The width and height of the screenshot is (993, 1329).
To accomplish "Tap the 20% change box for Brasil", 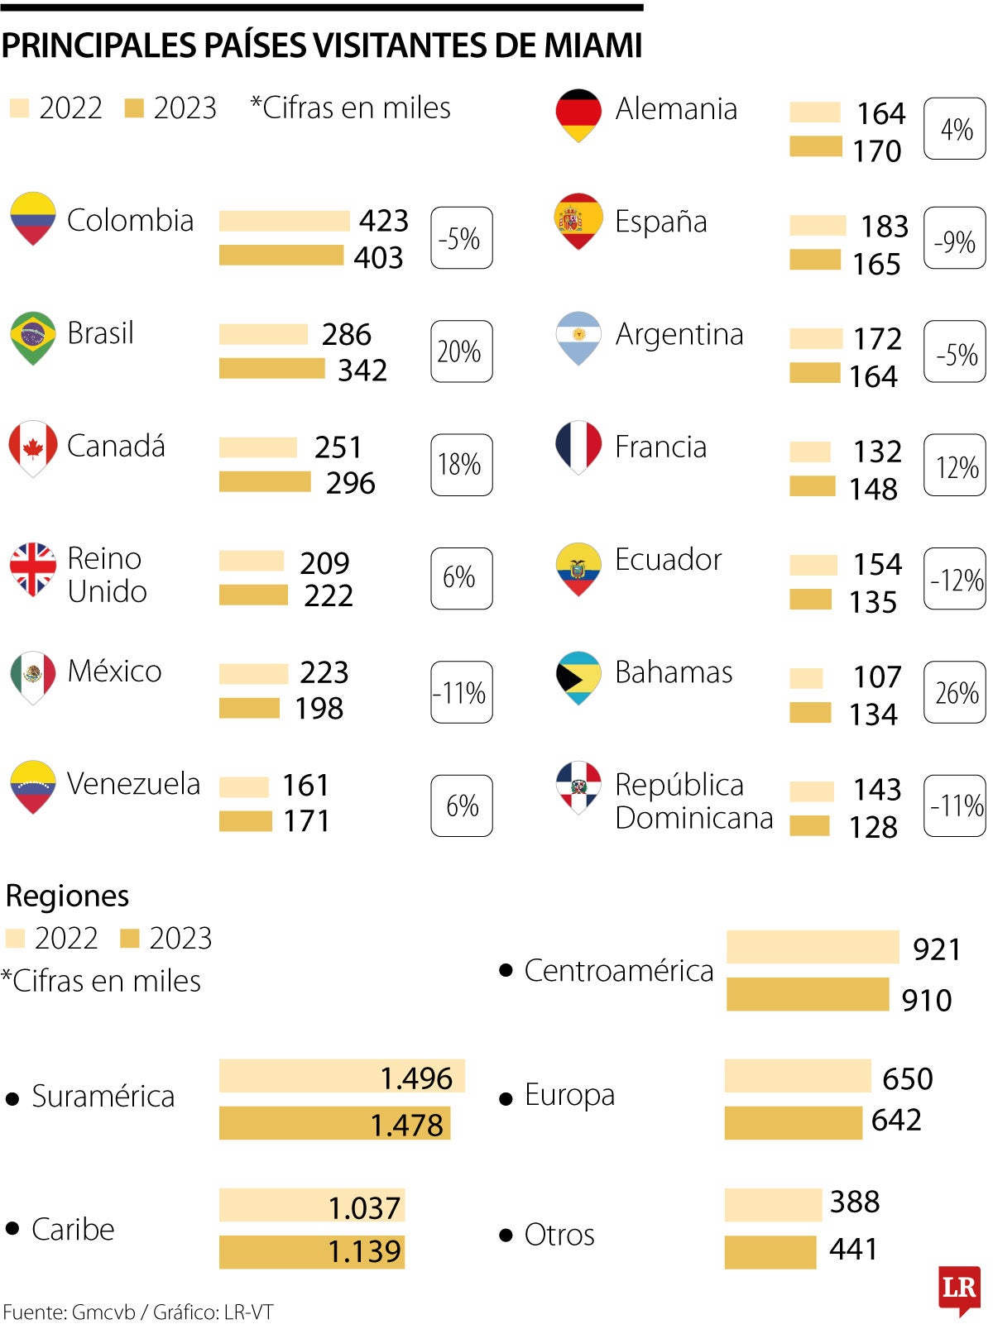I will coord(461,351).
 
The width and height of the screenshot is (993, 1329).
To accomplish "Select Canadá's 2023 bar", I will coord(265,481).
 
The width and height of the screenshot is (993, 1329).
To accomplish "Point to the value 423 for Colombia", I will coord(384,221).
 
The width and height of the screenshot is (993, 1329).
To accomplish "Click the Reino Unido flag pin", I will coord(33,568).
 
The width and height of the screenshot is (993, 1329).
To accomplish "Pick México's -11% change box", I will coord(461,692).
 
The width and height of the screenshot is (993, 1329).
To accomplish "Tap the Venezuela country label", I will coord(133,784).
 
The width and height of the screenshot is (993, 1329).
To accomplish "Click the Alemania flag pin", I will coord(578,114).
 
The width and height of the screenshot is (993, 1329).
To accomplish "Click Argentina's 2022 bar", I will coord(815,338).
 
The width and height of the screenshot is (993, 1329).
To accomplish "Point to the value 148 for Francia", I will coord(873,489).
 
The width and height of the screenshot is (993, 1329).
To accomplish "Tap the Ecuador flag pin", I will coord(578,568).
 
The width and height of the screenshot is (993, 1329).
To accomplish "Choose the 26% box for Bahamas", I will coord(954,692).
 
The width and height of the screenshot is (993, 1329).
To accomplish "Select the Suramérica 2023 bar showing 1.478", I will coord(334,1123).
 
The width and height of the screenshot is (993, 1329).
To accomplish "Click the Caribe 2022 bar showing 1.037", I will coord(311,1205).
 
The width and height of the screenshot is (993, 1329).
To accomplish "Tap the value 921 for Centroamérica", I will coord(937,949).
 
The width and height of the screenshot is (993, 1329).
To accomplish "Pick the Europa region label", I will coord(569,1095).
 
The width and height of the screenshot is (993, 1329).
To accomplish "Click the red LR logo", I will coord(959,1288).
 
